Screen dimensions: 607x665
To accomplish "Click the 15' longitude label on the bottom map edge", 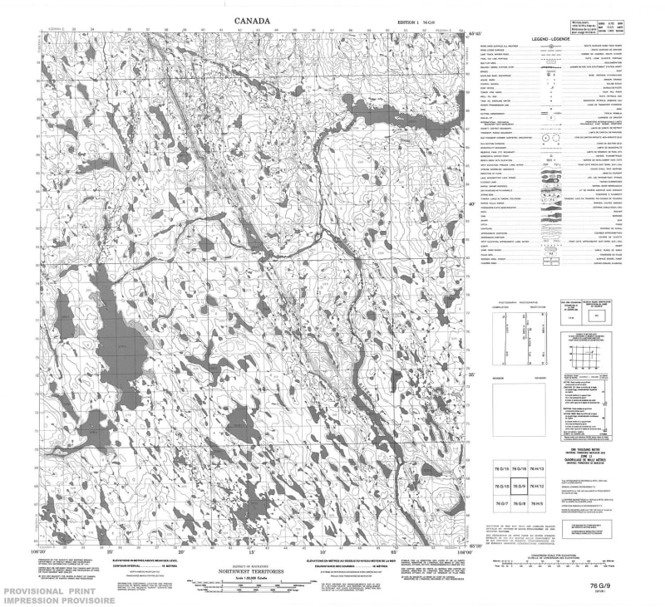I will point(250,551).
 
